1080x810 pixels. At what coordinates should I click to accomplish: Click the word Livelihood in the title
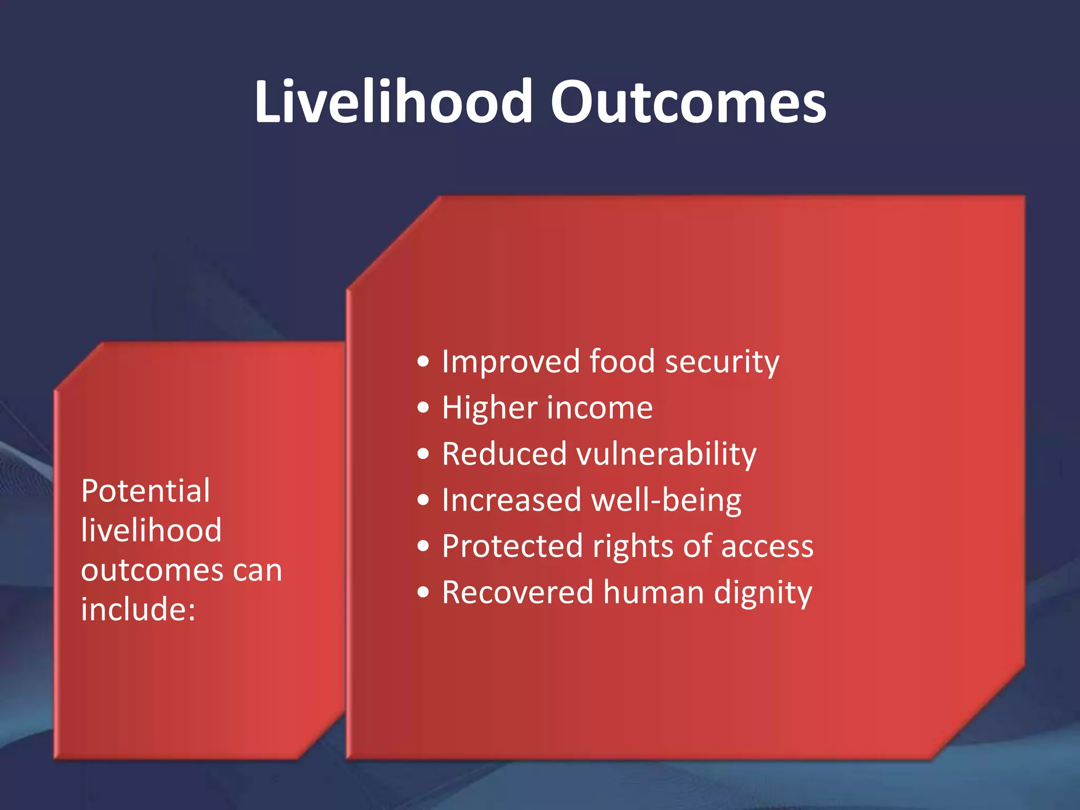393,101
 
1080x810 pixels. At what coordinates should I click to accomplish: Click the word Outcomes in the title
688,101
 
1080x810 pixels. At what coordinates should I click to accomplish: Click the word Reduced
504,454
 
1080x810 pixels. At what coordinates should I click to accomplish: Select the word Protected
512,546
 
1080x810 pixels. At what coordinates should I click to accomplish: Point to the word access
767,546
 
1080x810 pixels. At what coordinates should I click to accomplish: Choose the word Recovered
517,592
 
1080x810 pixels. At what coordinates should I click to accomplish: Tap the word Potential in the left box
146,491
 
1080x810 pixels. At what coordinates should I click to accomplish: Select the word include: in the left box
138,609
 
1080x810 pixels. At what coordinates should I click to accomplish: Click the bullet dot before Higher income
423,408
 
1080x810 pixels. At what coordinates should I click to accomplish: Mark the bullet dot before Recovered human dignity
423,592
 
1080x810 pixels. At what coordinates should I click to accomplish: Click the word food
622,362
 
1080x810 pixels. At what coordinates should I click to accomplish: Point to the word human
653,592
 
